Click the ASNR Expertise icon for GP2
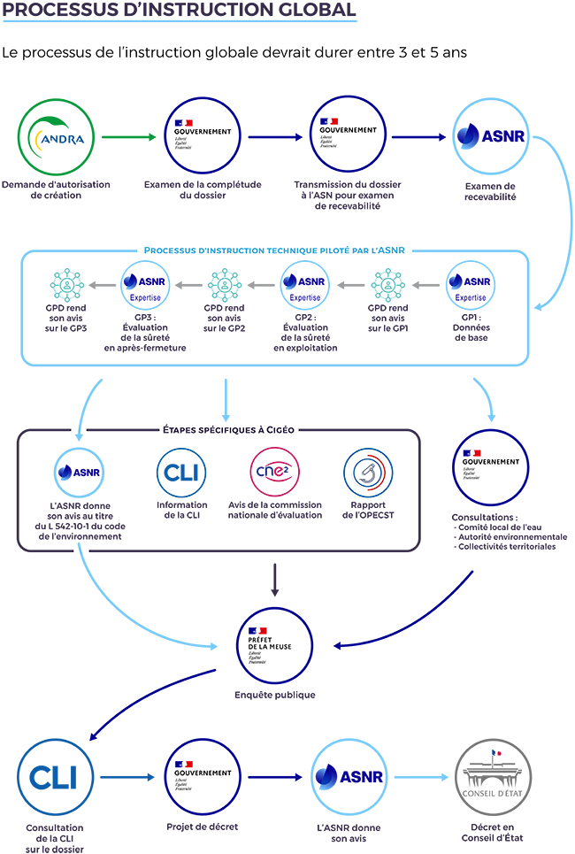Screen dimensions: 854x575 [x=304, y=285]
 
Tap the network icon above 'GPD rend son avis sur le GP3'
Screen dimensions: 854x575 [x=67, y=285]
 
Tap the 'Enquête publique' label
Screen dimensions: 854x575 [x=274, y=695]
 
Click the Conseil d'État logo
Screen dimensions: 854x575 [x=492, y=776]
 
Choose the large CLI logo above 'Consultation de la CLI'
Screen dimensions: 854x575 [x=55, y=776]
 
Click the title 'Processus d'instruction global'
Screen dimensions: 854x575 [x=167, y=12]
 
